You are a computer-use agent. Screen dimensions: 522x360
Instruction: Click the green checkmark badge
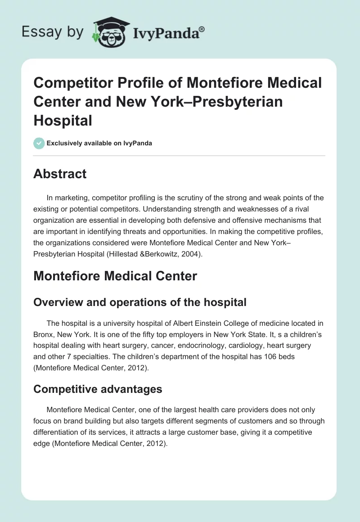(39, 143)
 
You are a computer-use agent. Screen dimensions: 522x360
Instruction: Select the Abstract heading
(60, 174)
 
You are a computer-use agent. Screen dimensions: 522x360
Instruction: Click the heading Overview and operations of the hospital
(140, 302)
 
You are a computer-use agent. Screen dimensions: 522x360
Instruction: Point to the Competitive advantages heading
(98, 389)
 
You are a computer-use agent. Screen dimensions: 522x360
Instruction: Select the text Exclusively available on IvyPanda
(99, 143)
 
